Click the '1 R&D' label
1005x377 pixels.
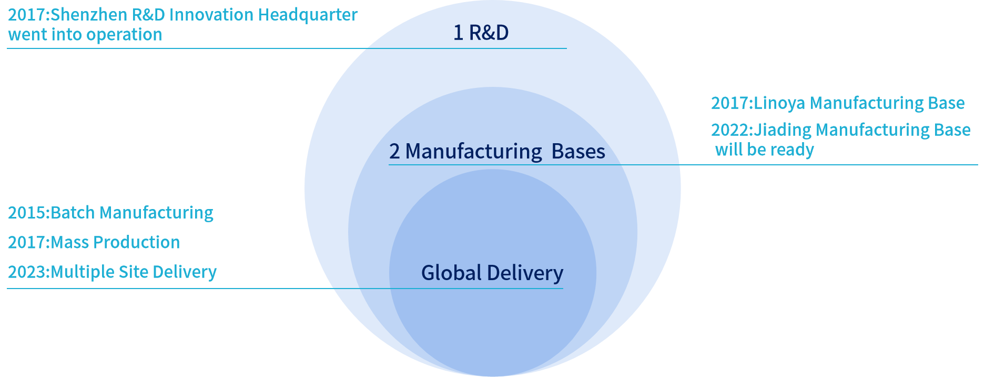pos(481,33)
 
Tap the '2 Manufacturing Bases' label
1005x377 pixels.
pos(497,152)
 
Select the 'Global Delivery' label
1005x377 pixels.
pos(492,273)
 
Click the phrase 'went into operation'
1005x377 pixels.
pos(85,35)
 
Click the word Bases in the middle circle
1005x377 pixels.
pos(578,152)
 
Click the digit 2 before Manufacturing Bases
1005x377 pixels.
pos(394,152)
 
